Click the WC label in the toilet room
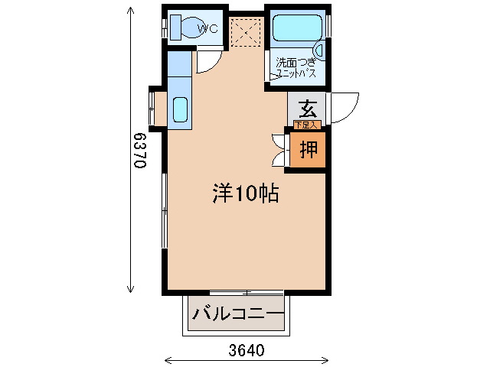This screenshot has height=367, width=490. [208, 29]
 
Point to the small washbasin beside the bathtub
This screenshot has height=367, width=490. [319, 51]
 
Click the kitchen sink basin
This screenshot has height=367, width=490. [180, 110]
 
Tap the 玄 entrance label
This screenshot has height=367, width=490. [308, 109]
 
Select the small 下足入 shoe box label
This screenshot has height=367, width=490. [306, 125]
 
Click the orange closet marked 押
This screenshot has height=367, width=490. [309, 149]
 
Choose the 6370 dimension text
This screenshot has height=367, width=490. [139, 151]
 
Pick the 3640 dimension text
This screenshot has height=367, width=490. [247, 351]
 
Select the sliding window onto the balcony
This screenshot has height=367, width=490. [247, 293]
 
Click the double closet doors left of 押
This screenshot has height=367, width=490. [278, 150]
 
